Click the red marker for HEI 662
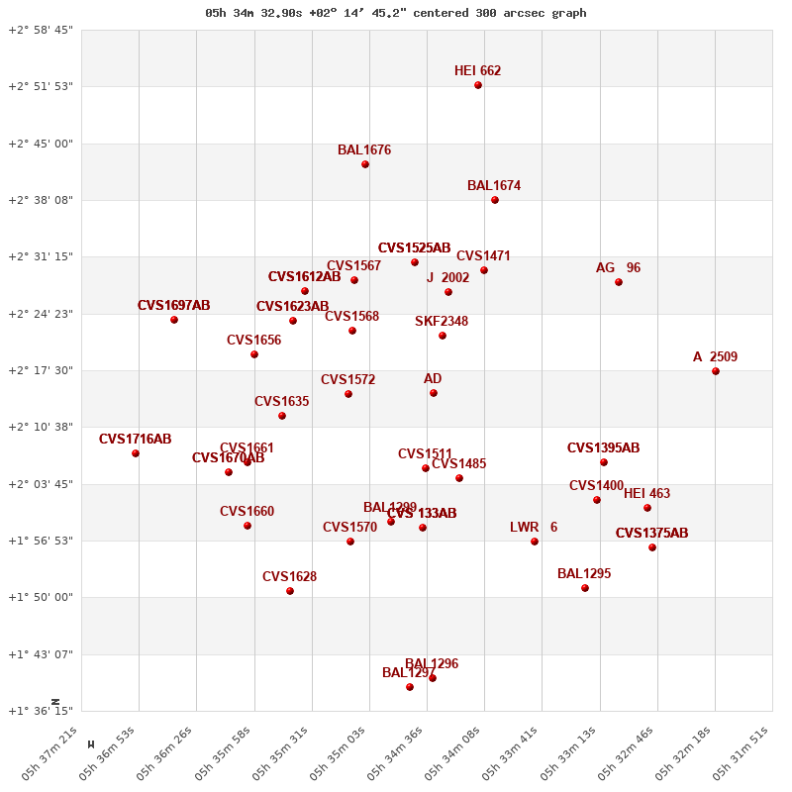tap(478, 85)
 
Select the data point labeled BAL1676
tap(365, 164)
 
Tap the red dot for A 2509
tap(716, 371)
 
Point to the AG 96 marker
tap(619, 282)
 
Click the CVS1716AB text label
tap(136, 439)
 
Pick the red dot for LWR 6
tap(535, 542)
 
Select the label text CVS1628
tap(289, 576)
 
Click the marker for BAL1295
tap(585, 588)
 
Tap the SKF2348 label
tap(442, 321)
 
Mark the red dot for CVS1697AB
tap(174, 320)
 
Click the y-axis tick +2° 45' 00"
tap(41, 144)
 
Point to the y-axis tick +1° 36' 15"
tap(41, 711)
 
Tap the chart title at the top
tap(396, 13)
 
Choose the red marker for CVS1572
tap(348, 394)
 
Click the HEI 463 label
tap(646, 493)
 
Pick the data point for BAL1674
tap(495, 200)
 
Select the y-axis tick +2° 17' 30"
tap(41, 370)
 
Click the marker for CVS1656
tap(254, 354)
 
